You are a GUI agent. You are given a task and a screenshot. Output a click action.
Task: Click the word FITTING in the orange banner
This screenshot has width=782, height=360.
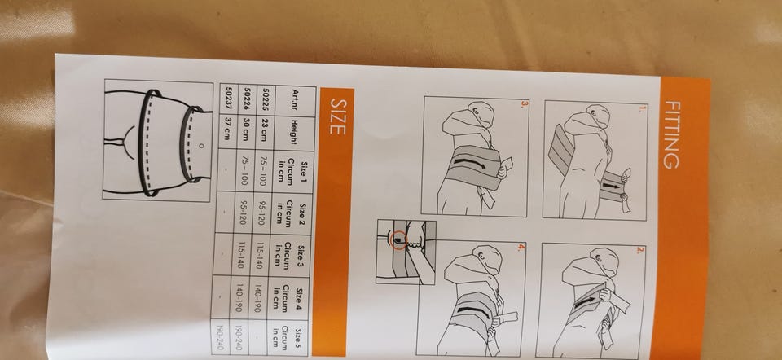tap(672, 135)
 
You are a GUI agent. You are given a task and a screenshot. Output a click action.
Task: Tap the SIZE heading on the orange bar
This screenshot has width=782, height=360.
tap(337, 116)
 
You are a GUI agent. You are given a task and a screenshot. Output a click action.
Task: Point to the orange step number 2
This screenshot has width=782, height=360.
tap(639, 250)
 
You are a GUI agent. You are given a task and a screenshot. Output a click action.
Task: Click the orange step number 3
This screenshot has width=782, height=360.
tap(523, 103)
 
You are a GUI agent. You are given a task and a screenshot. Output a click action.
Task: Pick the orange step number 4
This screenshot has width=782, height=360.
tap(521, 247)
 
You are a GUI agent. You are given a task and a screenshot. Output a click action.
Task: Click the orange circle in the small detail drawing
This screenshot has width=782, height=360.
tap(398, 239)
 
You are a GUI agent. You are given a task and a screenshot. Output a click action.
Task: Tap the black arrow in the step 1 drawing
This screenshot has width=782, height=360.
tap(612, 186)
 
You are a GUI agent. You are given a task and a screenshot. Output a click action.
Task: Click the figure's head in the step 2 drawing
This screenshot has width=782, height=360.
tap(604, 261)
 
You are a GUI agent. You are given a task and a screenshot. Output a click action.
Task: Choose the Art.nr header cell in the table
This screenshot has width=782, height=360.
tap(296, 102)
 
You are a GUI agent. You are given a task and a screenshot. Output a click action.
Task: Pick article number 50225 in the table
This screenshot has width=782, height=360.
tap(266, 100)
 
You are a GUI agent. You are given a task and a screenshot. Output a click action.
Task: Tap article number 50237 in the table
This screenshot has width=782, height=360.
tap(229, 99)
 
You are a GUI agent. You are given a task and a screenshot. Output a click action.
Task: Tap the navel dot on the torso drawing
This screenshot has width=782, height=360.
tap(201, 146)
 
